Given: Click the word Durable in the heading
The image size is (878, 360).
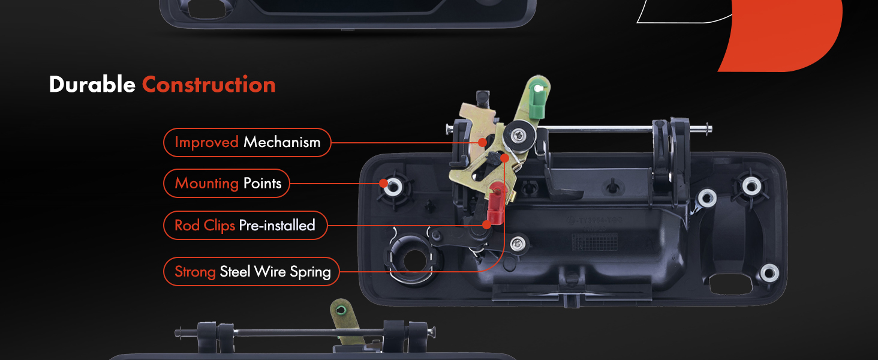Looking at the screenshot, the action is point(92,85).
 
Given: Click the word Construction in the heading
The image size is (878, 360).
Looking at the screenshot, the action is point(209,85).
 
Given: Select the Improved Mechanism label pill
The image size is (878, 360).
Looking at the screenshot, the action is point(247,142).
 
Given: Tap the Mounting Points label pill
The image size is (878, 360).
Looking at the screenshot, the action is point(227,183).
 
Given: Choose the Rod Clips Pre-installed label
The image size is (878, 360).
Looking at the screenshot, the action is point(245,226).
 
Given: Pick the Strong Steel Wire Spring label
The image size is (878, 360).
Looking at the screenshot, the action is point(251,271).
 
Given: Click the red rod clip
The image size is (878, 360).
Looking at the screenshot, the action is point(496,203).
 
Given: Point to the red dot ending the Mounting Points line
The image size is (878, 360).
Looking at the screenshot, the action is point(383,183).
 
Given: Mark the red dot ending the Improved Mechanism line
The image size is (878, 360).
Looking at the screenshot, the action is point(483,142).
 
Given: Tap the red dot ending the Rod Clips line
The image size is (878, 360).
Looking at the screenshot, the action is point(487,225).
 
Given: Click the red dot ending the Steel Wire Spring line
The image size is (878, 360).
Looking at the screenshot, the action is point(505,158).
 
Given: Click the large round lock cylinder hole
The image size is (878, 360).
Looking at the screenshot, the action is point(414,260).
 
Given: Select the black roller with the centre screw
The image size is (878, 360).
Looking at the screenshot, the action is point(520,136).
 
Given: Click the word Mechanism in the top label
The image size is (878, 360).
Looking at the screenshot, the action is point(282,142).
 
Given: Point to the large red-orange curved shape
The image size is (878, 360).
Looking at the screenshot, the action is point(780,35).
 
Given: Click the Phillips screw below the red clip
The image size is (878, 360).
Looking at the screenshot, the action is point(518,244).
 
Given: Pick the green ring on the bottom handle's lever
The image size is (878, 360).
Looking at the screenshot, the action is point(341,310).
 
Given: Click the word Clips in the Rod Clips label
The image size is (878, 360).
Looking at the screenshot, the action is point(219,226).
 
